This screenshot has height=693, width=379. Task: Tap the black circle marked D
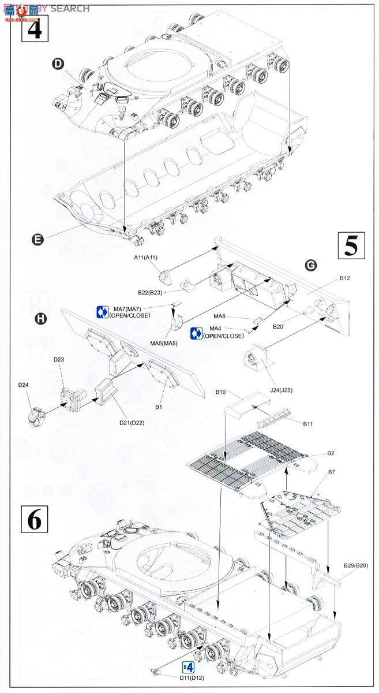coord(58,64)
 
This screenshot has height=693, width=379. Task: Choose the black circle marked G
coord(311,265)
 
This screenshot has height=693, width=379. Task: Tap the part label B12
coord(344,278)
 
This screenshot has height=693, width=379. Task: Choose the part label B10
coord(220,392)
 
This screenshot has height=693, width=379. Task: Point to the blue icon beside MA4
coord(196,333)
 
